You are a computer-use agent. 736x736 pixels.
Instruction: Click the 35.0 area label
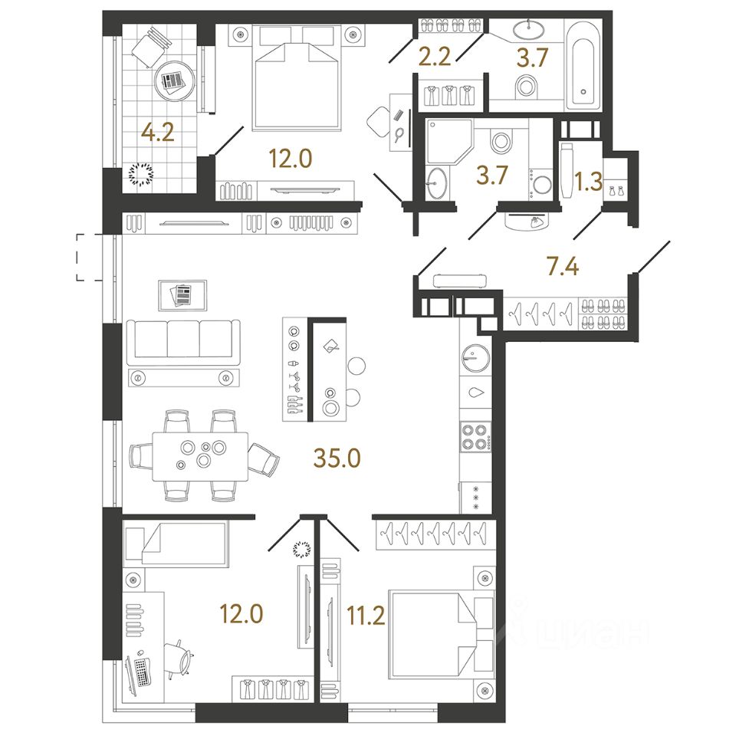point(337,458)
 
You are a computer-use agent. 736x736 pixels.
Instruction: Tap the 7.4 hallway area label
point(562,267)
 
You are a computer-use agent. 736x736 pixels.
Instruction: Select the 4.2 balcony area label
point(158,133)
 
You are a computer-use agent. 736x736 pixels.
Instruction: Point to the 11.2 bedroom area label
point(366,616)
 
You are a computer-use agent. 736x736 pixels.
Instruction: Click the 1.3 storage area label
point(589,181)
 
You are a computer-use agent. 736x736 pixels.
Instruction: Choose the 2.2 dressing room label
point(434,56)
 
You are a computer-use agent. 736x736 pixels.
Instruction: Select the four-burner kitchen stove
point(476,437)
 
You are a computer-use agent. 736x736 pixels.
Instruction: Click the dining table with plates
point(200,456)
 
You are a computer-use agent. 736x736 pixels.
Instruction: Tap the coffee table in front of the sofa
point(183,295)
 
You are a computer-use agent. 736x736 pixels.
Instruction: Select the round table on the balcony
point(174,80)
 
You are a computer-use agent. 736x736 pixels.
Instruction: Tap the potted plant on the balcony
point(141,175)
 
